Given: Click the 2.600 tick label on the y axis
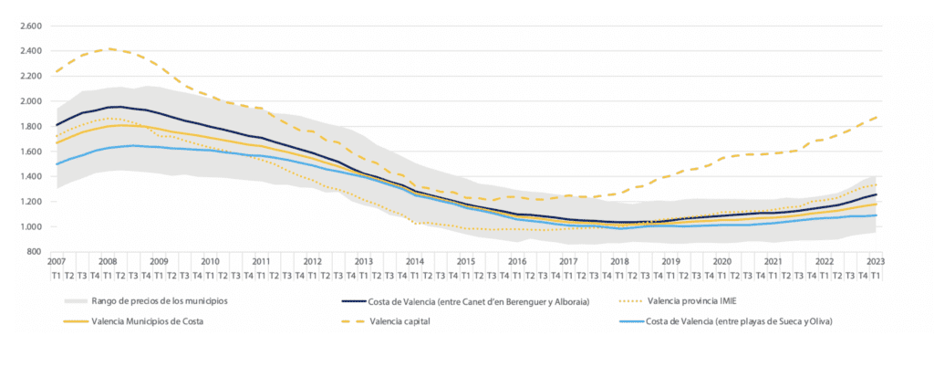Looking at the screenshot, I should click(31, 26).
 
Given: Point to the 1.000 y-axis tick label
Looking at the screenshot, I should click(31, 226).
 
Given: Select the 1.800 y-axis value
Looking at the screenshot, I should click(31, 126).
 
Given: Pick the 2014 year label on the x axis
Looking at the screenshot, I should click(416, 261).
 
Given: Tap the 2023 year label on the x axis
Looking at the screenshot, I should click(874, 261).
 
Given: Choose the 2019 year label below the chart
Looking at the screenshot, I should click(670, 261).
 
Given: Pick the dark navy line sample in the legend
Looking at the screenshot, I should click(346, 299).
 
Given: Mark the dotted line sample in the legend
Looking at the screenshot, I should click(620, 299).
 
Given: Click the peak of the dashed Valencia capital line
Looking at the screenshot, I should click(109, 48).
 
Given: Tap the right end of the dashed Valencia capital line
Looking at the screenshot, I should click(877, 117).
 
